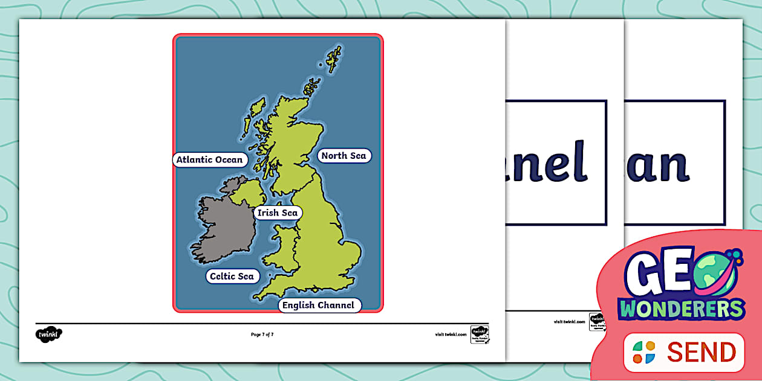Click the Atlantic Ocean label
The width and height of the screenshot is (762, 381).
tap(209, 160)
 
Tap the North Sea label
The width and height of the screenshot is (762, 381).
tap(344, 156)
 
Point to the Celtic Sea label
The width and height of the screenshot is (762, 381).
tap(232, 277)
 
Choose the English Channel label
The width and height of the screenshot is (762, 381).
tap(318, 305)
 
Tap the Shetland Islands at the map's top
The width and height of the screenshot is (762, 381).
tap(333, 59)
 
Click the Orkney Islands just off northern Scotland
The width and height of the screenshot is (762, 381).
tap(312, 88)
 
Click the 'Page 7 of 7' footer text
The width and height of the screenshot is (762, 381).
tap(262, 335)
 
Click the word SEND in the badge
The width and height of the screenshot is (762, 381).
tap(702, 352)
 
